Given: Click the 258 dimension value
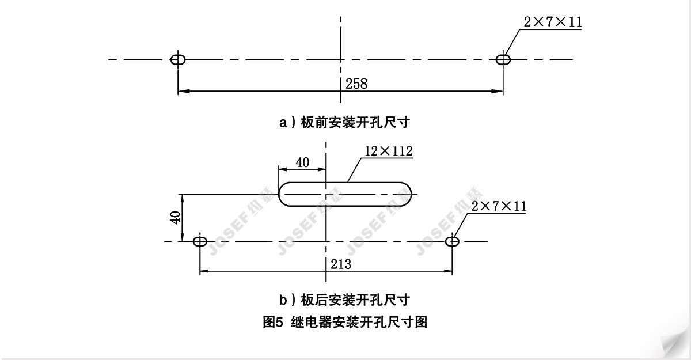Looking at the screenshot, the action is tap(356, 84).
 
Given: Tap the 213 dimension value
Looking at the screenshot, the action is tap(341, 264).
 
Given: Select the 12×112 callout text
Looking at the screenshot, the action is tap(388, 151).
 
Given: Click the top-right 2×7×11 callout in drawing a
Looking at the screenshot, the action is tap(553, 22).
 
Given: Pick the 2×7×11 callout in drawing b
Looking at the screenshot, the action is tap(499, 206).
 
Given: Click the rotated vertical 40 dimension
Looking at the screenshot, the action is tap(175, 218).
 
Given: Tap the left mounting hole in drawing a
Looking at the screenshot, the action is tap(178, 59).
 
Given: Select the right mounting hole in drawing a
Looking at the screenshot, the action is tap(503, 59).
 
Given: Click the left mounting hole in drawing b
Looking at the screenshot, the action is tap(200, 241).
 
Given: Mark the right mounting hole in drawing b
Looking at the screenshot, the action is tap(452, 241).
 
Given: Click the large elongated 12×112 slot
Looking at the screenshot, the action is tap(345, 183).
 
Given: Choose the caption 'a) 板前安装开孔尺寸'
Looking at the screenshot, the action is tap(344, 123).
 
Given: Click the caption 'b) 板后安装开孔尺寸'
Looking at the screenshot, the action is tap(344, 300).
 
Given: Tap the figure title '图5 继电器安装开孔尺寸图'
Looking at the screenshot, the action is tap(345, 323).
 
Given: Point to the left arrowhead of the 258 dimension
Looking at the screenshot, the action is tap(184, 92).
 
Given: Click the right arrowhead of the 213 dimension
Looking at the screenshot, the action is tap(447, 271).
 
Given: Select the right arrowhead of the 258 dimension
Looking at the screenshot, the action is tap(498, 92).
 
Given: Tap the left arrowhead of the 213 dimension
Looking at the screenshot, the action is tap(205, 271).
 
